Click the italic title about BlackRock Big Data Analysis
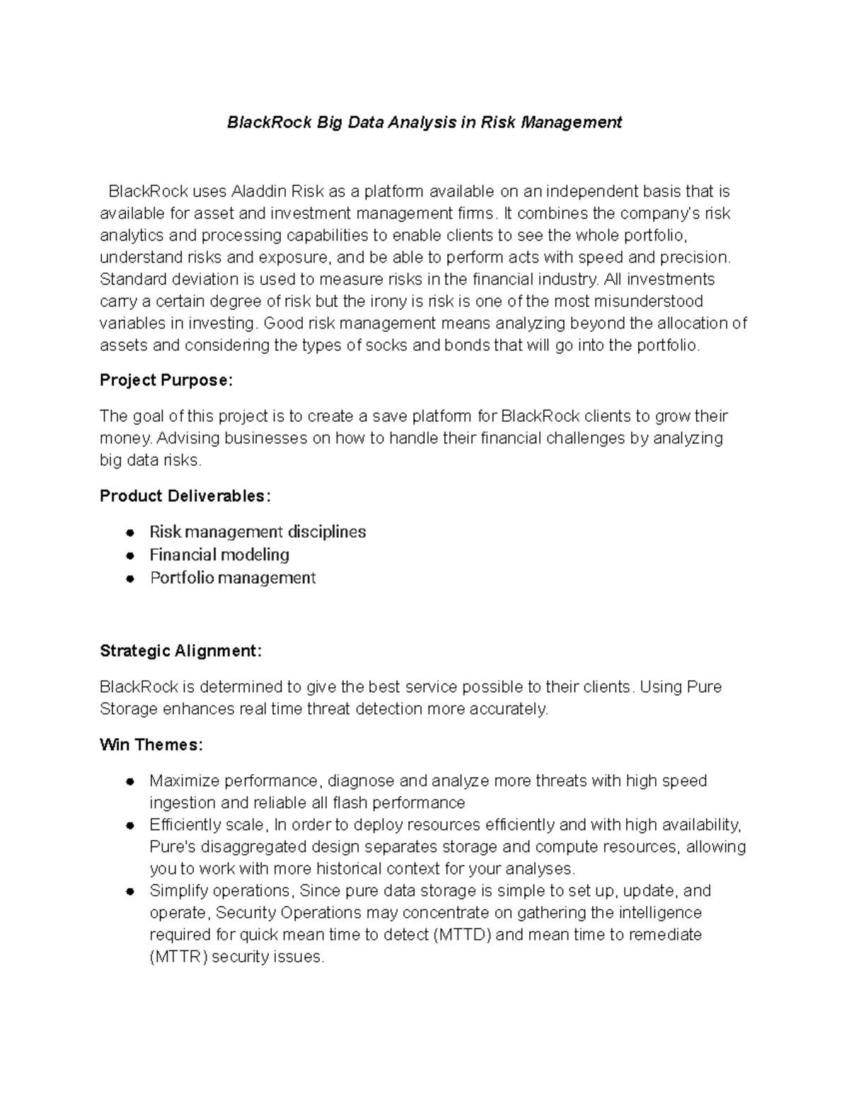point(424,122)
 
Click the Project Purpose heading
point(166,381)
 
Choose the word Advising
point(188,438)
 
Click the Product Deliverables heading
point(185,496)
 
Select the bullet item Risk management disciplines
point(258,532)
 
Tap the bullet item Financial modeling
point(219,555)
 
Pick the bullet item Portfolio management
point(233,578)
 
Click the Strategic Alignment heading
point(180,651)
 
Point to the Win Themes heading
point(151,745)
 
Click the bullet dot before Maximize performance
point(129,782)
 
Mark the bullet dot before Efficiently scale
point(129,826)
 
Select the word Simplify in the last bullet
point(178,891)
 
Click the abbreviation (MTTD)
point(461,935)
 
